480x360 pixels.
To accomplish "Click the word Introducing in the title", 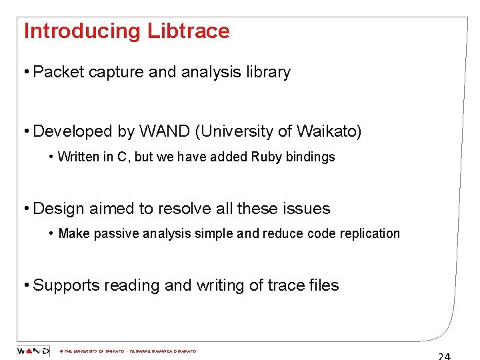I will (82, 31).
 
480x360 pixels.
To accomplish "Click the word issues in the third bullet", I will (307, 209).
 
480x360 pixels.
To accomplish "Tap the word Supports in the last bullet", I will (63, 285).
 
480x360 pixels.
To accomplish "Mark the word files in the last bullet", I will (324, 285).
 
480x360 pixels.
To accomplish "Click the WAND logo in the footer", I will (33, 351).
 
